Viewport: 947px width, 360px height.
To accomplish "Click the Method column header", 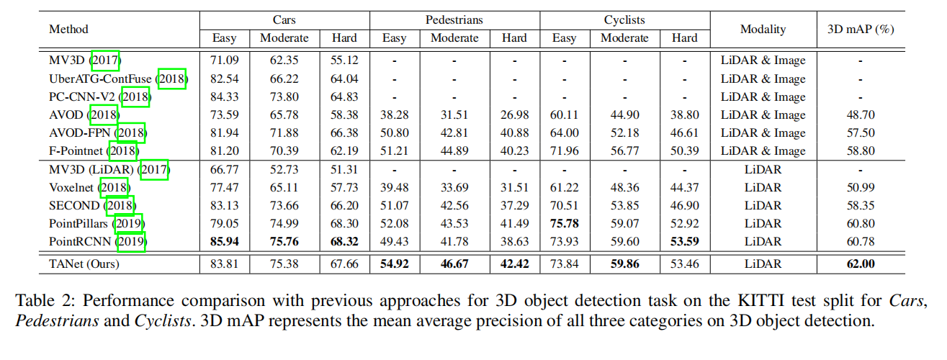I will pos(68,30).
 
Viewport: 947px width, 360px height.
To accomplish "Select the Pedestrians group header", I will pos(454,21).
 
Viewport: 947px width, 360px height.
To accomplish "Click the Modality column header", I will pos(763,30).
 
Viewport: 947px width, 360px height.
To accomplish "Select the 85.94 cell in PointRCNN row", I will pos(224,242).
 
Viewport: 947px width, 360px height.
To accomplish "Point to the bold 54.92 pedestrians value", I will pos(394,264).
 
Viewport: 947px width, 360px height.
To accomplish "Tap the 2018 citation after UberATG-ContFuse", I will pos(171,79).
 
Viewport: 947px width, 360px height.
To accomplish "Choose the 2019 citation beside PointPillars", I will pos(128,224).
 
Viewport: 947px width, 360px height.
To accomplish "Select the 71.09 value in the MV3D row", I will pos(224,60).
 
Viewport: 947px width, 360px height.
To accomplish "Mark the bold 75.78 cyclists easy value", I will pos(564,224).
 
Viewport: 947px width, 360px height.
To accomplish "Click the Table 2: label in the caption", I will pos(42,299).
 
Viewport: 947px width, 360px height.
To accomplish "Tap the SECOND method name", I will pos(75,206).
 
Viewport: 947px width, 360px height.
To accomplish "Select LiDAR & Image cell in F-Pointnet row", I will pos(763,151).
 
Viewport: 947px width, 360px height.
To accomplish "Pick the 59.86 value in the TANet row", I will pos(624,264).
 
